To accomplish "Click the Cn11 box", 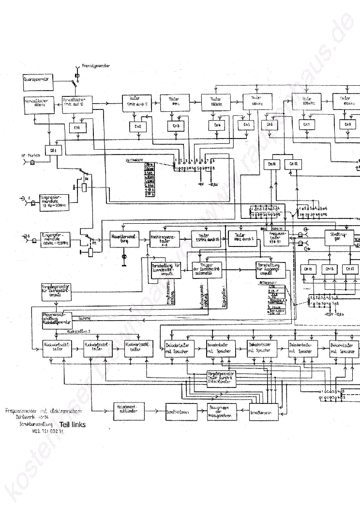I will (x=271, y=165).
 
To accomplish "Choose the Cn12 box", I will (x=294, y=165).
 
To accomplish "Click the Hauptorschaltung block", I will (x=124, y=238).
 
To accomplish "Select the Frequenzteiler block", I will (x=277, y=237).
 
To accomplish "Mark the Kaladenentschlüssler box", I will (x=128, y=409).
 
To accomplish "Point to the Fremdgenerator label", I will (x=96, y=64).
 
